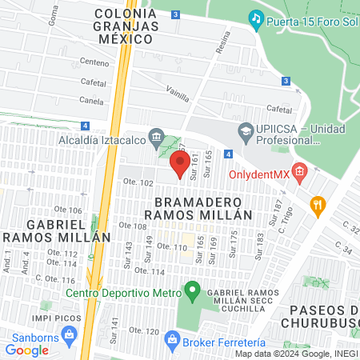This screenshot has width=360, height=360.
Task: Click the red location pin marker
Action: pos(180,164)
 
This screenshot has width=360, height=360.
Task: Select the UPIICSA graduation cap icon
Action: pos(246,130)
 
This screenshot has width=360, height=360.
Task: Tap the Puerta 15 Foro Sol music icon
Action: pos(256,18)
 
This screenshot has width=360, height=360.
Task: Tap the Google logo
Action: pos(27,350)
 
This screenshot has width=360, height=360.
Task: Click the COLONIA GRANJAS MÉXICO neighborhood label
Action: pos(125,26)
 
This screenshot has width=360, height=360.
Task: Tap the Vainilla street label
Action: pos(177,94)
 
